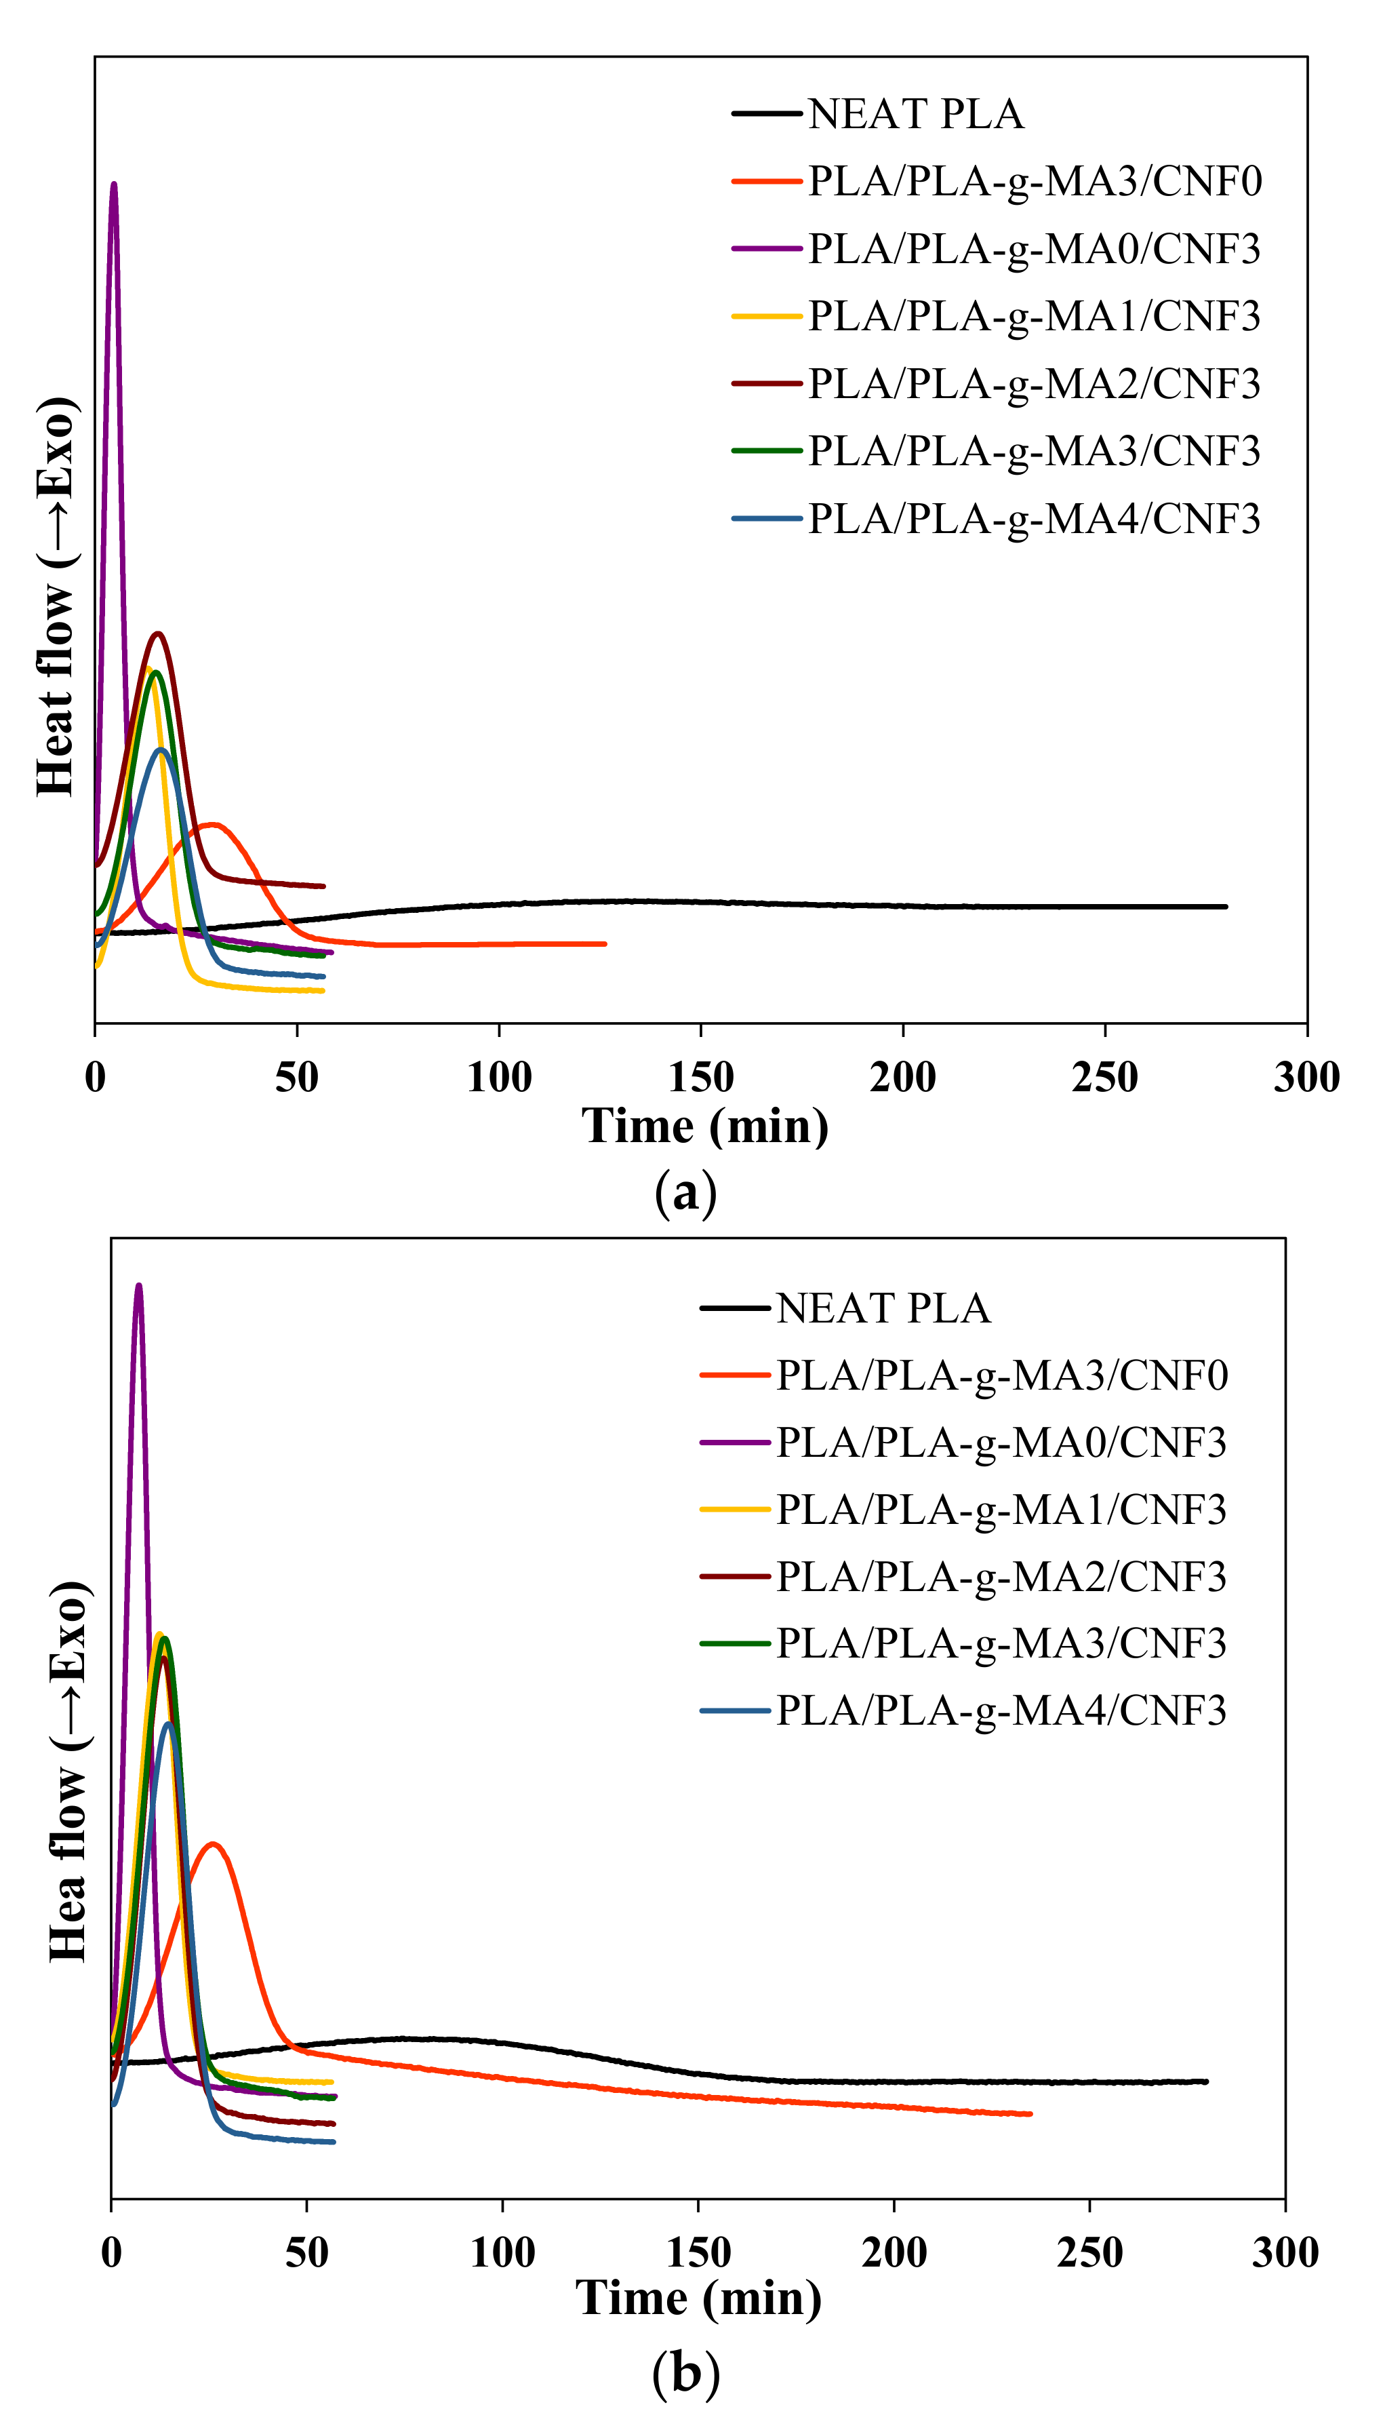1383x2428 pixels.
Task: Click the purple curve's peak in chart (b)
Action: (x=139, y=1286)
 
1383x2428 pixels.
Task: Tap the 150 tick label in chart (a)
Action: (x=700, y=1077)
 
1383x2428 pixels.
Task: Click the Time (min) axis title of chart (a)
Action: (x=705, y=1127)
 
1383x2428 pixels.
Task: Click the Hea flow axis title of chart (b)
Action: (x=69, y=1771)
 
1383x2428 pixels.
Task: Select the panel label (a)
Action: (x=686, y=1191)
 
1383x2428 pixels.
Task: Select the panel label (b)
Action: (x=686, y=2373)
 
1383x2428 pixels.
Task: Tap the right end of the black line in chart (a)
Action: (x=1225, y=906)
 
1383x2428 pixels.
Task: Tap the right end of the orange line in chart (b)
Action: (x=1030, y=2113)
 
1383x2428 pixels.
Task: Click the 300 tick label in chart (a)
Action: (x=1306, y=1077)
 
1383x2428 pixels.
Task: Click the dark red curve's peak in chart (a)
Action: (x=158, y=633)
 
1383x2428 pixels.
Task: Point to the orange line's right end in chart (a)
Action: (x=604, y=943)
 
